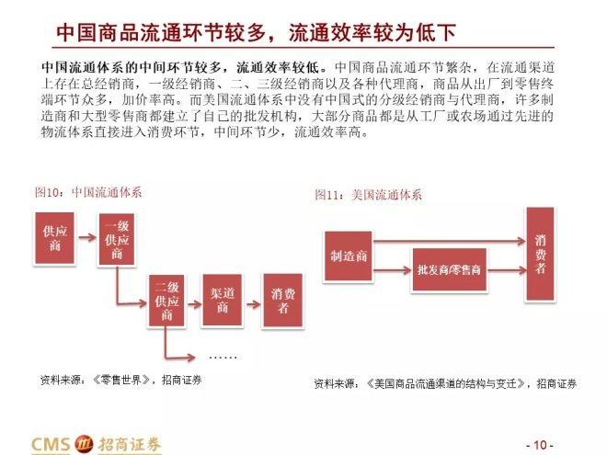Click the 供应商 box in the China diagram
(54, 238)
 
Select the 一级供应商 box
(117, 240)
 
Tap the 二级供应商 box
(166, 301)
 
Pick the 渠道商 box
(223, 301)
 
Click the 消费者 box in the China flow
(283, 301)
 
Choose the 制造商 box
(349, 256)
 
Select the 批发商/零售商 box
(449, 269)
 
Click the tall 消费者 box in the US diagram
(540, 254)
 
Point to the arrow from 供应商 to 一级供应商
(86, 237)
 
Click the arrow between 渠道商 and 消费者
(254, 304)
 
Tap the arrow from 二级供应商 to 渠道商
(194, 304)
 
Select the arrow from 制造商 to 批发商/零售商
(392, 270)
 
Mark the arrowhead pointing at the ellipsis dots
(190, 358)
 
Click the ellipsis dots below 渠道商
(223, 358)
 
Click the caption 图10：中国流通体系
(88, 192)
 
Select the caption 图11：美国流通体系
(368, 195)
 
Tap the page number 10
(540, 445)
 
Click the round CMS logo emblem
(84, 443)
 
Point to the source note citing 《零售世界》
(120, 380)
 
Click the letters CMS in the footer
(52, 444)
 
